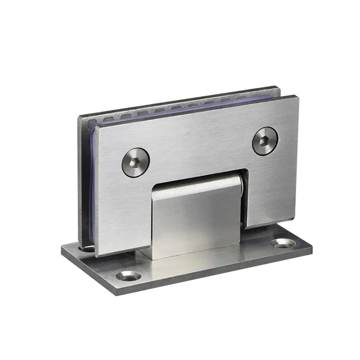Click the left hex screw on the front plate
[135, 162]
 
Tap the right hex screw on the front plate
[265, 141]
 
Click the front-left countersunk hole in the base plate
[128, 275]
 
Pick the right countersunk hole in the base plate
[283, 244]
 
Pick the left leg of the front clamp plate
[121, 216]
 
